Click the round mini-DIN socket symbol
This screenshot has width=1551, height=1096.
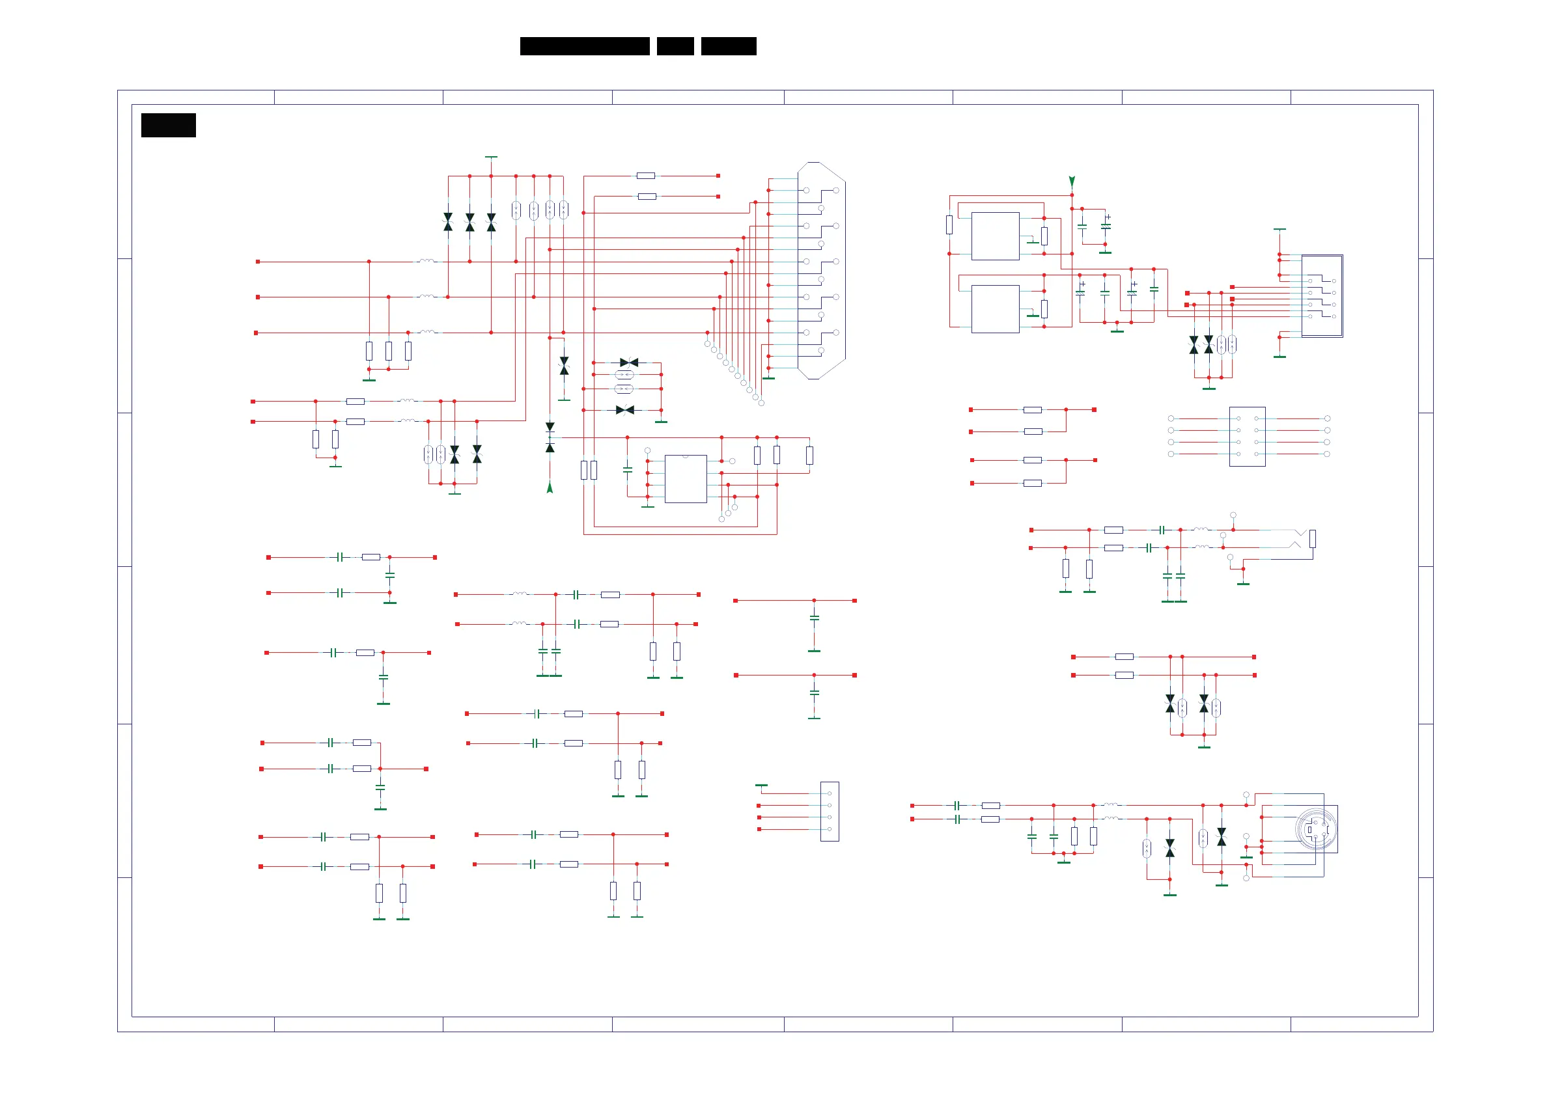click(x=1315, y=829)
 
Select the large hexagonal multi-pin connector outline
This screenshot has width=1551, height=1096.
click(x=821, y=270)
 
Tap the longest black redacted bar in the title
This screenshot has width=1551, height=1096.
click(x=584, y=46)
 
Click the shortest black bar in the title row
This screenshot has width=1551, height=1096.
click(x=675, y=46)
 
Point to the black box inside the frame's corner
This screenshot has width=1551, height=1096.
click(x=168, y=125)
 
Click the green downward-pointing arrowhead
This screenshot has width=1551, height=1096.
click(x=1071, y=181)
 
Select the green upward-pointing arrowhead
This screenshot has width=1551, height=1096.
click(x=550, y=487)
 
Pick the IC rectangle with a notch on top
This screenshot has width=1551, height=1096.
click(x=686, y=478)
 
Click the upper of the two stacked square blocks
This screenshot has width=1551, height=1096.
click(x=995, y=236)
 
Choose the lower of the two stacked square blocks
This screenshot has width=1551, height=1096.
click(x=995, y=308)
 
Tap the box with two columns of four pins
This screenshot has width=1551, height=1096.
click(x=1247, y=436)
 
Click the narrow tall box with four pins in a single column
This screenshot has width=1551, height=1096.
click(x=830, y=811)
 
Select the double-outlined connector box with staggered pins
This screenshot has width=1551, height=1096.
click(x=1321, y=295)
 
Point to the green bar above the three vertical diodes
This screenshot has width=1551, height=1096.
click(x=491, y=157)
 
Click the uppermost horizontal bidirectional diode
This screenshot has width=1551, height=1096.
click(x=629, y=363)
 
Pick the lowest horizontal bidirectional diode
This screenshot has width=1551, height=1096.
click(x=625, y=410)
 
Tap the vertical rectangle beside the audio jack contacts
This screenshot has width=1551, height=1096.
click(x=1313, y=538)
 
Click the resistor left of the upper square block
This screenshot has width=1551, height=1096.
click(x=949, y=225)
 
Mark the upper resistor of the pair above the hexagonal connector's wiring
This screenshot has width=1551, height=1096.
click(x=646, y=176)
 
